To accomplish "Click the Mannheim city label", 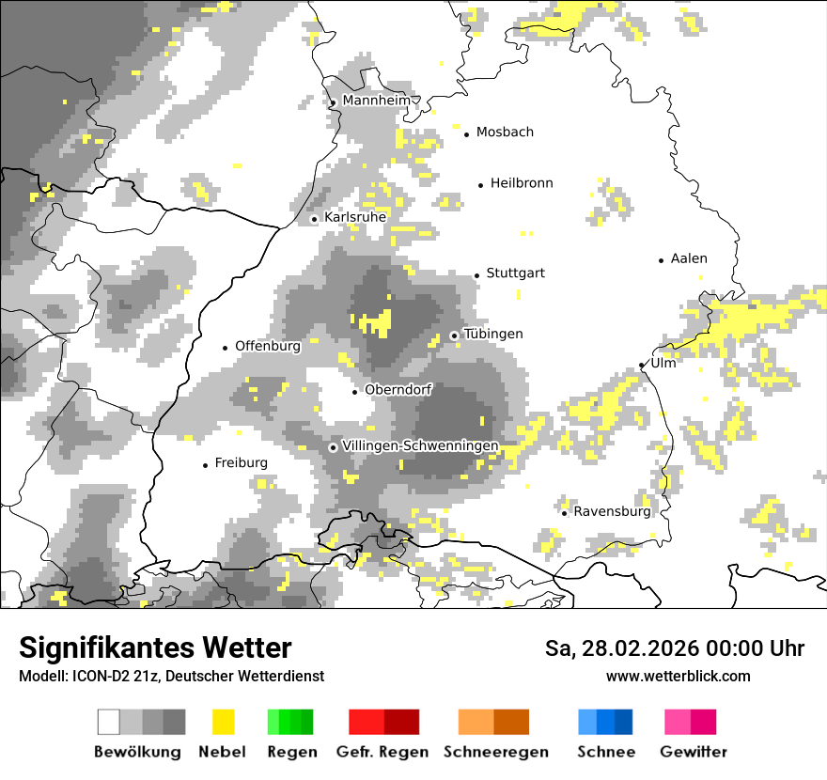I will point(377,101).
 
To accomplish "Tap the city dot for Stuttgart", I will point(476,275).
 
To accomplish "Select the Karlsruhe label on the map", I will point(355,217).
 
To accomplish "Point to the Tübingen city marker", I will point(454,335).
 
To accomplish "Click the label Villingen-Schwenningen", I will point(420,445).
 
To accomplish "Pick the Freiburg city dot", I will point(205,465).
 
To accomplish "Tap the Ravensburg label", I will point(612,512).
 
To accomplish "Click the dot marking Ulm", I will point(642,366).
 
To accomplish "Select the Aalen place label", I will point(689,258).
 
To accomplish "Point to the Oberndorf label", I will point(398,390).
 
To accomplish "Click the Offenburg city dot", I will point(226,348).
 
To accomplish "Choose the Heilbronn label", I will point(522,183).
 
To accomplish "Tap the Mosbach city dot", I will point(466,134).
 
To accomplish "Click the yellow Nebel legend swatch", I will point(223,722).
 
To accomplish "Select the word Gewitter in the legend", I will point(693,752).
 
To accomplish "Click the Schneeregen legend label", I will point(496,752).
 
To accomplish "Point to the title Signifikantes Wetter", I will point(155,648).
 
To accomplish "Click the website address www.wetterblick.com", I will point(678,677).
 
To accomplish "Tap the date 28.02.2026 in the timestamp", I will point(633,648).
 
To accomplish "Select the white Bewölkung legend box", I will point(109,722).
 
